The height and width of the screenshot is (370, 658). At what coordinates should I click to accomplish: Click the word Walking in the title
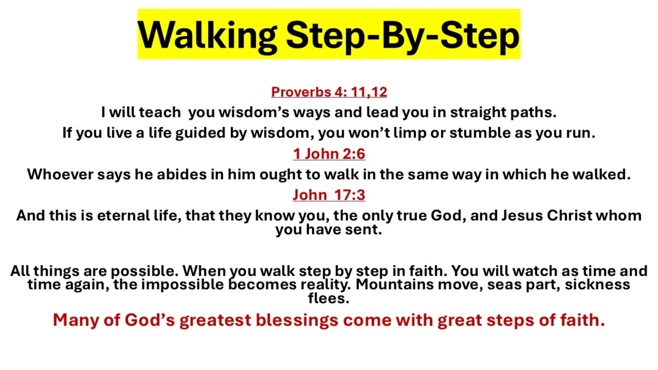[207, 35]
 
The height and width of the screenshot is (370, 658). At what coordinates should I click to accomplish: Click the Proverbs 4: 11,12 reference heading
[329, 92]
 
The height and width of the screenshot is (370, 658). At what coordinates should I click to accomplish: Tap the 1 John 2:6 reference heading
[329, 154]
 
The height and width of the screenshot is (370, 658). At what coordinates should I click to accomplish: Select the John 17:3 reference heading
[329, 195]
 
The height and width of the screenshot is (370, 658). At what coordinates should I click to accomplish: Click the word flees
[328, 298]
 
